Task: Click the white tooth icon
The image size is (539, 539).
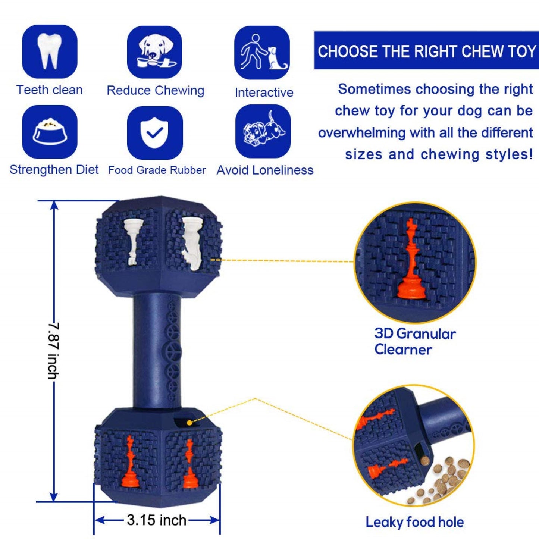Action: point(50,51)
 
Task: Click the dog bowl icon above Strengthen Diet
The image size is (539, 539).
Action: point(50,132)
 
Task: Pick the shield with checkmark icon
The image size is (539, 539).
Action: point(155,132)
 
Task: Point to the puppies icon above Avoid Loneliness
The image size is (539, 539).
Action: point(263,129)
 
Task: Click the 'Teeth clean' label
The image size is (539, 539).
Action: point(50,90)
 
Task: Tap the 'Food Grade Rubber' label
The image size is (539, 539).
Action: point(157,170)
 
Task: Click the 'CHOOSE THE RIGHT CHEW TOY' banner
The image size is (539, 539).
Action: point(426,51)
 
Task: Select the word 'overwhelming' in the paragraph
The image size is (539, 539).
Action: point(362,132)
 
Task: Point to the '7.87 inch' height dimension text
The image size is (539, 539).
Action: point(54,351)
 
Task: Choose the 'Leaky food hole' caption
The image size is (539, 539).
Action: point(415,522)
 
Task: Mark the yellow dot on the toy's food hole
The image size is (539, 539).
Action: point(189,422)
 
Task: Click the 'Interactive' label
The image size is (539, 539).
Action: point(264,93)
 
